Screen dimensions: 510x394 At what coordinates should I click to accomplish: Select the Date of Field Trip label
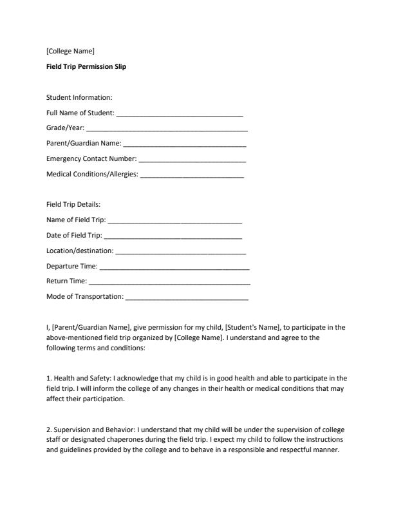(x=74, y=235)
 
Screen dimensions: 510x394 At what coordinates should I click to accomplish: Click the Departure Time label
(x=72, y=266)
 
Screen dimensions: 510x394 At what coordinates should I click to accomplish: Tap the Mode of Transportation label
(x=84, y=297)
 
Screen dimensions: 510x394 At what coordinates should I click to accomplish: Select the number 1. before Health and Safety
(x=49, y=378)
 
